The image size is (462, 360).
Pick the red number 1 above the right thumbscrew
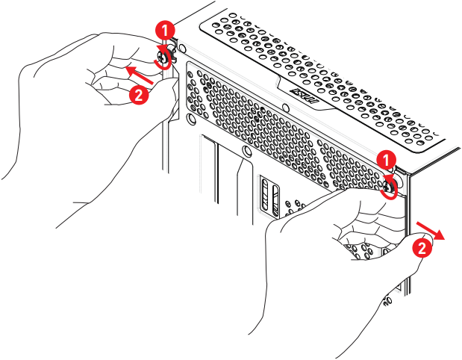click(x=385, y=159)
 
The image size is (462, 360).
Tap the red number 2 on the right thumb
click(x=422, y=249)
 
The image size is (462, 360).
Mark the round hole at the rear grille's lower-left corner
click(x=193, y=118)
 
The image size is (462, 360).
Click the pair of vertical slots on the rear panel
click(x=269, y=196)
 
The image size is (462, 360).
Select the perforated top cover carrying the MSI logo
click(x=328, y=67)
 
